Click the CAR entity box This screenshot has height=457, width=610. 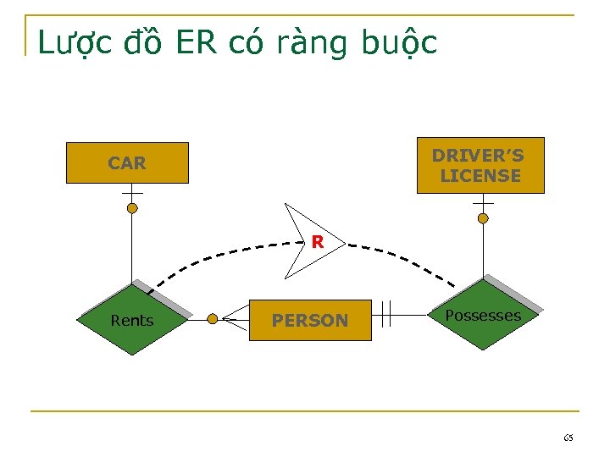click(x=127, y=162)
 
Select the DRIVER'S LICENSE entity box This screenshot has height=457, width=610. click(x=480, y=165)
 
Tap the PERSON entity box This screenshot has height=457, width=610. click(x=310, y=320)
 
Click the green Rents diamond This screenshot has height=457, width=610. click(x=132, y=320)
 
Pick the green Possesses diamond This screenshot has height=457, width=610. click(x=483, y=315)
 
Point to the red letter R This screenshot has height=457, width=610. click(x=317, y=242)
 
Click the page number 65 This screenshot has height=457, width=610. click(x=568, y=438)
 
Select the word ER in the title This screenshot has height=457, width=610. click(x=197, y=42)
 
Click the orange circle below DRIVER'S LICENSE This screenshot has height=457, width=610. click(x=483, y=218)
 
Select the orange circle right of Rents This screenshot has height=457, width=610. click(x=213, y=319)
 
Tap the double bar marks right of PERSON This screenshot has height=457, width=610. click(x=385, y=313)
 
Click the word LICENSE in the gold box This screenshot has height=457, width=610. click(x=480, y=176)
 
